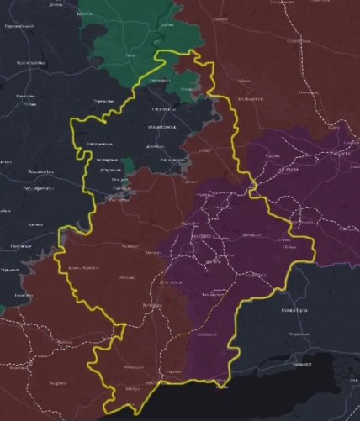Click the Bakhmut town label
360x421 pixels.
[204, 151]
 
